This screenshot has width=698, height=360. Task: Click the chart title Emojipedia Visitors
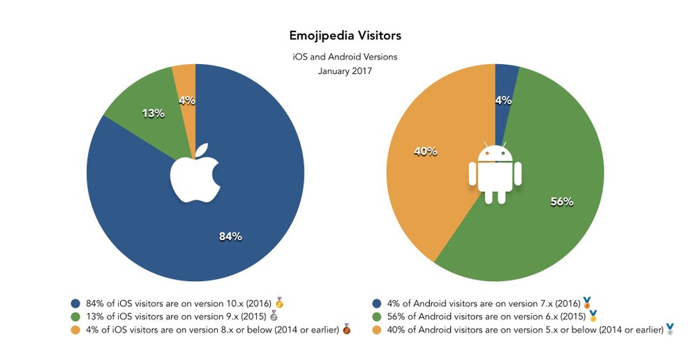click(345, 35)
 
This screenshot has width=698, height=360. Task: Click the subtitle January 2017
click(345, 70)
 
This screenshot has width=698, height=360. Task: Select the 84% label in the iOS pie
click(230, 237)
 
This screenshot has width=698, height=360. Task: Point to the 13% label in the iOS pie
click(154, 112)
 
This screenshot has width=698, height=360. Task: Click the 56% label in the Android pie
click(562, 202)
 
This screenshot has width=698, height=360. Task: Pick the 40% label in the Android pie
click(426, 151)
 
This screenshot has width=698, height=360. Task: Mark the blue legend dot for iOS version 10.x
click(76, 303)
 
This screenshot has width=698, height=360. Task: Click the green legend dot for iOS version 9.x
click(76, 316)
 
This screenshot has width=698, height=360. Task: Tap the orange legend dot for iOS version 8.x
click(76, 329)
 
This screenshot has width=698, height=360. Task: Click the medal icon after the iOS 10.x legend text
click(279, 303)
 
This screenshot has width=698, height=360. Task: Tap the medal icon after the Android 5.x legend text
click(670, 329)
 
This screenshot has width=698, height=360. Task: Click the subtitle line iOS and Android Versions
click(345, 57)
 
